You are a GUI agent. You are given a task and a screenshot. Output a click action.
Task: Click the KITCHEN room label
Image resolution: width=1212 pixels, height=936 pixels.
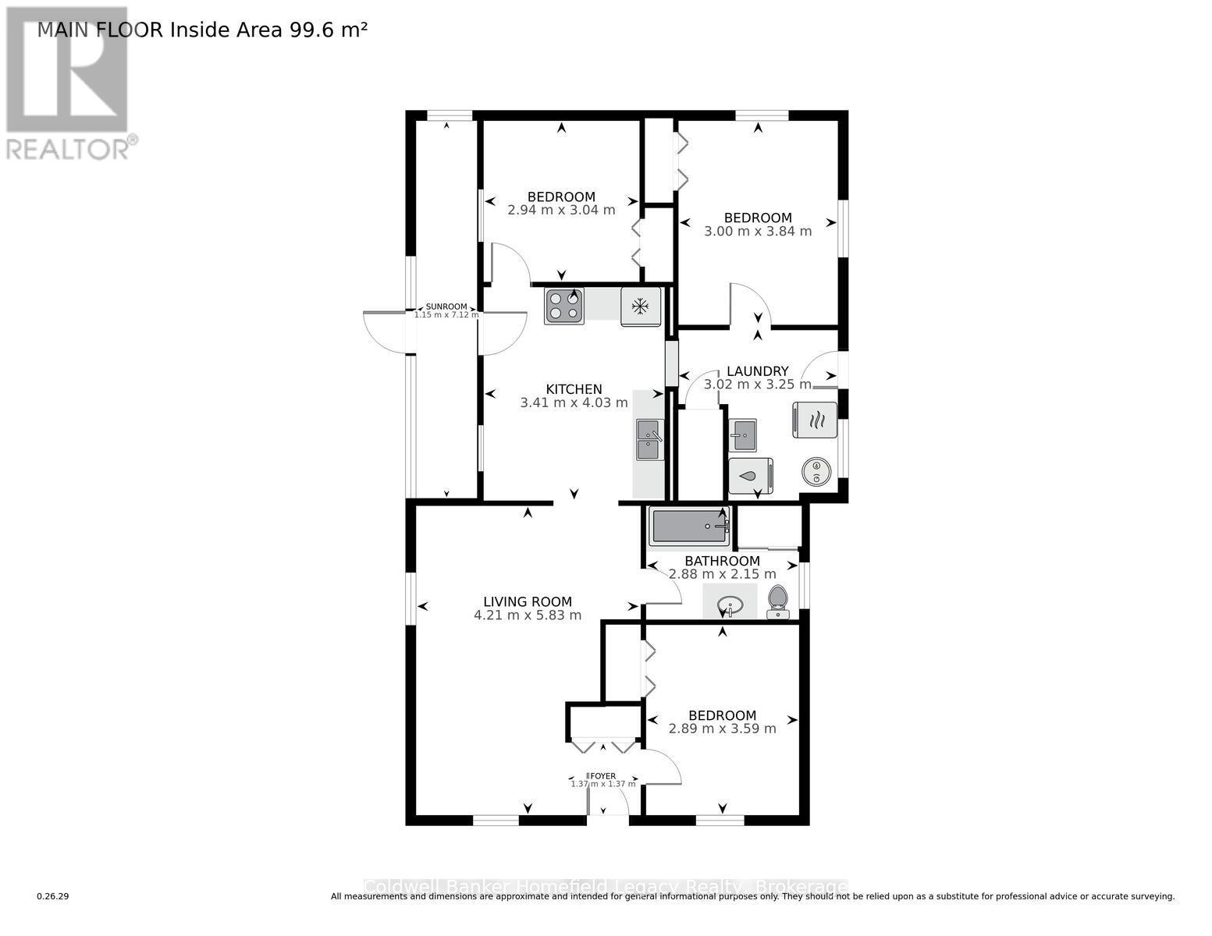coord(574,389)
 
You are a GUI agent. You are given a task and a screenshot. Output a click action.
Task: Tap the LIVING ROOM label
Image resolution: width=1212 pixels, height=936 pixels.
coord(528,601)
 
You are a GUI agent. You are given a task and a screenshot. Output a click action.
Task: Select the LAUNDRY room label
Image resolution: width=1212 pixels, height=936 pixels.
coord(757,371)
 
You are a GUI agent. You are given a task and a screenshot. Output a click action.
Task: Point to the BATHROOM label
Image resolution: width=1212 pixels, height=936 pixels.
coord(722,561)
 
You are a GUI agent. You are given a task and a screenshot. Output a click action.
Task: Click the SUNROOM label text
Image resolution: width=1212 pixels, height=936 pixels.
coord(446,307)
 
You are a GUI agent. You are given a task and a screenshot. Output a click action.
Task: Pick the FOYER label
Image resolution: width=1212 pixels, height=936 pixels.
coord(602,775)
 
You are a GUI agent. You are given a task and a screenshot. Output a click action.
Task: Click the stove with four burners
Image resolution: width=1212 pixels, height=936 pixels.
coord(564,306)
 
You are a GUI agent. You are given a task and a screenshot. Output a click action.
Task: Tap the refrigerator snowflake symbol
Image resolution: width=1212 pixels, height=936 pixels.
coord(641,307)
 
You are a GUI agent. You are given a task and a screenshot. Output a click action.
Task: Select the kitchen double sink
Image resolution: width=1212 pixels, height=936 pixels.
coord(649,440)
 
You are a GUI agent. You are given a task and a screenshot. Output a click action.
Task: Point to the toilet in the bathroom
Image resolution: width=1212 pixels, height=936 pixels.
coord(778,601)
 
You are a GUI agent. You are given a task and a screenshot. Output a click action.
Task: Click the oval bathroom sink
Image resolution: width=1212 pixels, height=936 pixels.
coord(730,604)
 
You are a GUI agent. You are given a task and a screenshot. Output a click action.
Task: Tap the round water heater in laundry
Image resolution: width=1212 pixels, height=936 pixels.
coord(816,471)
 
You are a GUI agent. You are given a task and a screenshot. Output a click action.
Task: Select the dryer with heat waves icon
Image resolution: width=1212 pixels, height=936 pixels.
coord(816,420)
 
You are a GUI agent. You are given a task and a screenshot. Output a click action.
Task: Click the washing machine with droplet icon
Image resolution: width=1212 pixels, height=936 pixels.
coord(750,476)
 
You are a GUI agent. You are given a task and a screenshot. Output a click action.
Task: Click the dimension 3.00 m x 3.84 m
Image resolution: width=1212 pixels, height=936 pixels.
coord(758,232)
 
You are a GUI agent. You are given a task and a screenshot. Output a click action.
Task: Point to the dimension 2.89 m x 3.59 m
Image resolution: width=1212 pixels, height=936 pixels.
coord(722,729)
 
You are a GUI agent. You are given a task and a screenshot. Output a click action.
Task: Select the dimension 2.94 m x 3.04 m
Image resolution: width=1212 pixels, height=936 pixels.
coord(561,211)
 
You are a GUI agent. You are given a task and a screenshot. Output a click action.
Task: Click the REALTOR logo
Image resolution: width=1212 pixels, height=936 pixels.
coord(69,82)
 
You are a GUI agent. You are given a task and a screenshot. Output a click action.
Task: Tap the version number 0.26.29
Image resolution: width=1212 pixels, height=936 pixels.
coord(53,896)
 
